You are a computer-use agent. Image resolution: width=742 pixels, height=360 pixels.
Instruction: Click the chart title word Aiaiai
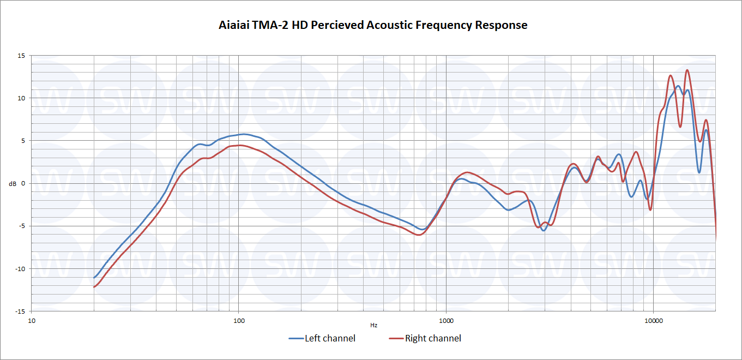233,25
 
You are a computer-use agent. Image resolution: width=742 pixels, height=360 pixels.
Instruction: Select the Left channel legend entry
330,338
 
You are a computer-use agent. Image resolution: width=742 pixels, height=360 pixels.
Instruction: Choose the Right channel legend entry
433,338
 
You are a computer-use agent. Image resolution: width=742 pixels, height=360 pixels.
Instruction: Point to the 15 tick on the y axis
21,56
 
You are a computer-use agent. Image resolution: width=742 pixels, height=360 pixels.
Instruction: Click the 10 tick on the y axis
21,98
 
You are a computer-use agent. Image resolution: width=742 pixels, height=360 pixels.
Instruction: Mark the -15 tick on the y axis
20,311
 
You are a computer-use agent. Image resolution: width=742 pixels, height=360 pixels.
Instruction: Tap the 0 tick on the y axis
23,183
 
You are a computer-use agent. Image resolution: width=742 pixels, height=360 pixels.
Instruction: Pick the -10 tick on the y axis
20,268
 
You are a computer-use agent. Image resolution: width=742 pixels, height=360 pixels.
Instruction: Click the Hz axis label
373,326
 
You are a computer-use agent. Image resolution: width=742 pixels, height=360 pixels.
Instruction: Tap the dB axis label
13,184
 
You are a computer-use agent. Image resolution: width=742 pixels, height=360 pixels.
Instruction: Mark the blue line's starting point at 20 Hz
94,278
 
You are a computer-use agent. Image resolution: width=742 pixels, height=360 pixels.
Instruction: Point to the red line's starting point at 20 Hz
94,287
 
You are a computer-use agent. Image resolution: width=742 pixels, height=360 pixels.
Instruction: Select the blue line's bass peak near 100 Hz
243,134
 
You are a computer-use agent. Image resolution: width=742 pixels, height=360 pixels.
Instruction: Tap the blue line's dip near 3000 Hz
544,230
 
